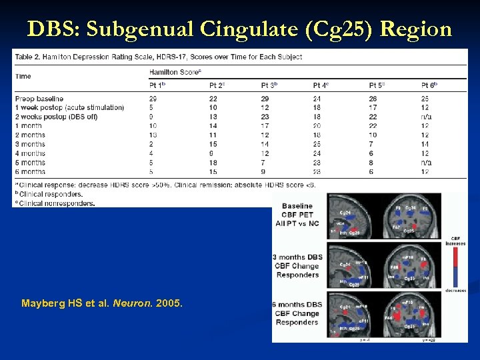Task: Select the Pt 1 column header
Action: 157,85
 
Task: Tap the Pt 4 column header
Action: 321,85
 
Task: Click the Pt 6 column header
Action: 429,85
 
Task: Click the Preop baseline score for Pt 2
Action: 213,98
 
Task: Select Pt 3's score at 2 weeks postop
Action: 265,117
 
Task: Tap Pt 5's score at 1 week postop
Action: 373,107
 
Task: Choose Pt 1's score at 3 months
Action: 153,144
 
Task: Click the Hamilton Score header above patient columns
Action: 175,71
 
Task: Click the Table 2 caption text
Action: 158,57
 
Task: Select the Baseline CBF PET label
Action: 297,215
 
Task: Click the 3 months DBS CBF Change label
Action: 298,265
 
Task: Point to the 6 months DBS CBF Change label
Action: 298,313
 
